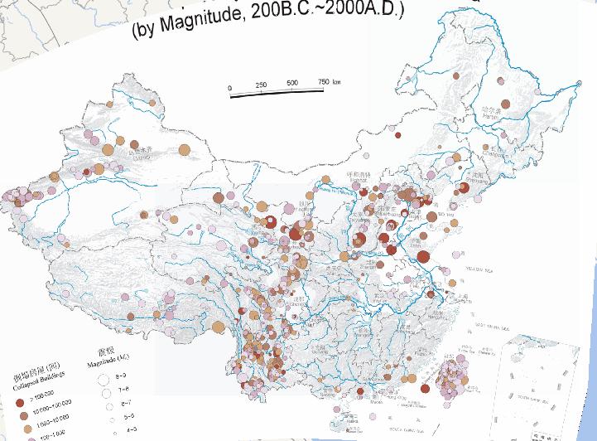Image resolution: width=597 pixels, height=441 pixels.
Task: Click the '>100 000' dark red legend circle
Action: click(x=20, y=400)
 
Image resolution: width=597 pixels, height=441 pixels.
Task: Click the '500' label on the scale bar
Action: click(x=292, y=84)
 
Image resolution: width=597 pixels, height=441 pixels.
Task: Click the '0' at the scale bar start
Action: click(x=230, y=87)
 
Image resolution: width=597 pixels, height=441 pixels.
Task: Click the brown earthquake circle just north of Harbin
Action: click(x=500, y=82)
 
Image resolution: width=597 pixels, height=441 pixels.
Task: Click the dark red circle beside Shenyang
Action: click(x=464, y=188)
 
